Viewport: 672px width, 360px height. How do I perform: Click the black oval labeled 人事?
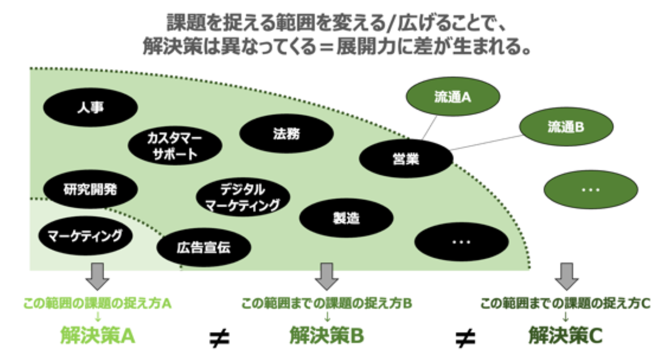(90, 108)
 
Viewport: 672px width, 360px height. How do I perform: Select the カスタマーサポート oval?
(175, 146)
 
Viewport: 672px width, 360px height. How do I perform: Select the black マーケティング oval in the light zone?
(85, 235)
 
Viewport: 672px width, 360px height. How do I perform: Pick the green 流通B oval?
(566, 127)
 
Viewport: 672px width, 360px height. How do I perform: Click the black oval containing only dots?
(461, 242)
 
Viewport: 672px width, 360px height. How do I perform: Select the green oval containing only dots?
(590, 190)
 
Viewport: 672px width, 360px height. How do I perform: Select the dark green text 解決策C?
(566, 335)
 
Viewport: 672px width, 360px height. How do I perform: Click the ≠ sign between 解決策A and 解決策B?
(219, 337)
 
